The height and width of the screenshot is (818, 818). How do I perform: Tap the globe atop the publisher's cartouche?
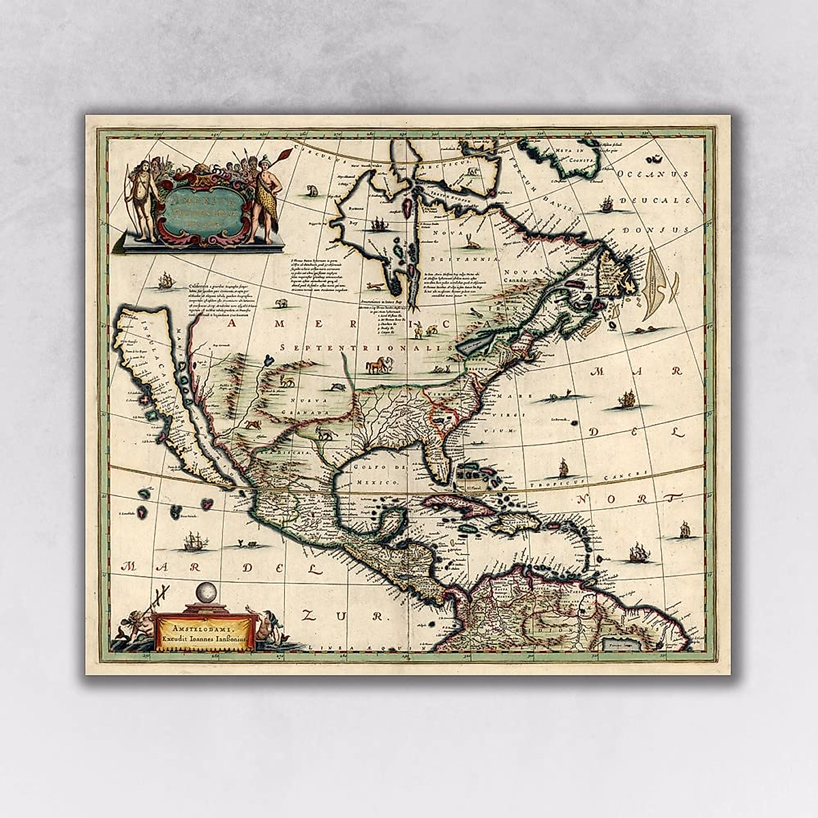(205, 593)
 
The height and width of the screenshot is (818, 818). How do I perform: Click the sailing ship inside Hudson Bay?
(377, 223)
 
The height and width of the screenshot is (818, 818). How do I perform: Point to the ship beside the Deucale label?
(607, 202)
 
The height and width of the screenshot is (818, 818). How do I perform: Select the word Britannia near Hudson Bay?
(476, 260)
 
